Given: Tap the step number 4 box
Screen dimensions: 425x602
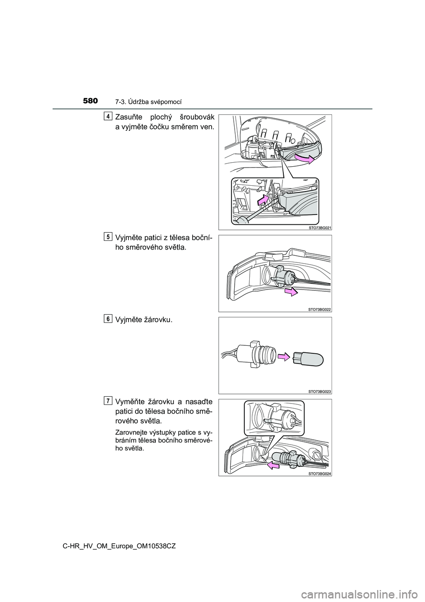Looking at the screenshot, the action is (x=107, y=116).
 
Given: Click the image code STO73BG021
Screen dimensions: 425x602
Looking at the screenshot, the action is (x=319, y=227).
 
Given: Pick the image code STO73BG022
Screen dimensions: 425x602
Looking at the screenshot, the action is (x=319, y=309).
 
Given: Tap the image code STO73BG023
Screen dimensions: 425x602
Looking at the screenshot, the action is (x=319, y=391).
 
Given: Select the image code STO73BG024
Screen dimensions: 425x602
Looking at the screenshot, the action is (x=319, y=473).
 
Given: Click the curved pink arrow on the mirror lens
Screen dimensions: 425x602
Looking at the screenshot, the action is (x=304, y=159).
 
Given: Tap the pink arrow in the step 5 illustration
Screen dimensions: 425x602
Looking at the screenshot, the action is (x=291, y=292).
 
